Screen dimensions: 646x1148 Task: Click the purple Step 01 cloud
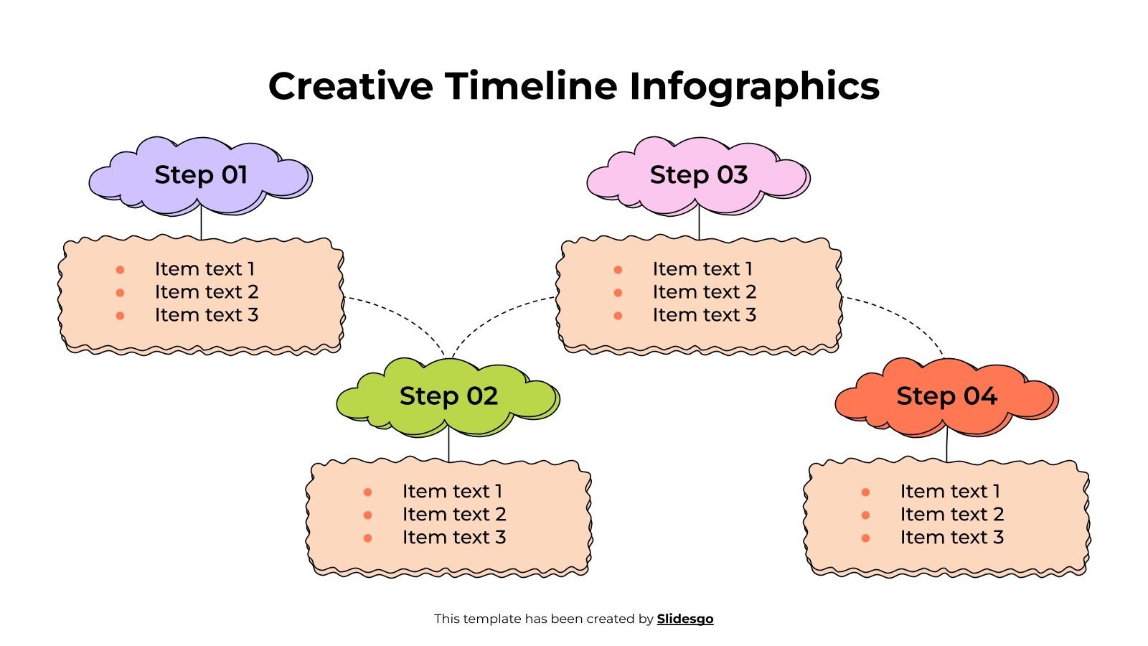coord(200,176)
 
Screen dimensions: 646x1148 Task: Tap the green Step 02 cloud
coord(448,397)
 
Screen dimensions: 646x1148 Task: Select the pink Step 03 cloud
coord(698,176)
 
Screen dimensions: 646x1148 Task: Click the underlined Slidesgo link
coord(685,619)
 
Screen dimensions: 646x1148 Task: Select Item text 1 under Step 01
coord(204,269)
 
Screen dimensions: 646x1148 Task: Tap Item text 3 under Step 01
coord(207,315)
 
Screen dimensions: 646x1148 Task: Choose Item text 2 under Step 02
coord(454,515)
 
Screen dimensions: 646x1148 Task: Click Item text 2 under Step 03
coord(705,292)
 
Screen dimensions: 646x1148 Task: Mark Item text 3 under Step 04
coord(952,538)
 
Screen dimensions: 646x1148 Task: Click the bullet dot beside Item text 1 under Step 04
coord(865,492)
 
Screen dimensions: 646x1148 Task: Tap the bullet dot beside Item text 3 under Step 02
coord(367,538)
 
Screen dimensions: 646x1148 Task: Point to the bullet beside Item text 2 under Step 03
coord(618,293)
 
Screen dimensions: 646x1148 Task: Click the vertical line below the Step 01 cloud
coord(201,224)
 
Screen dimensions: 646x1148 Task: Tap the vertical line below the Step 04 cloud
coord(946,445)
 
